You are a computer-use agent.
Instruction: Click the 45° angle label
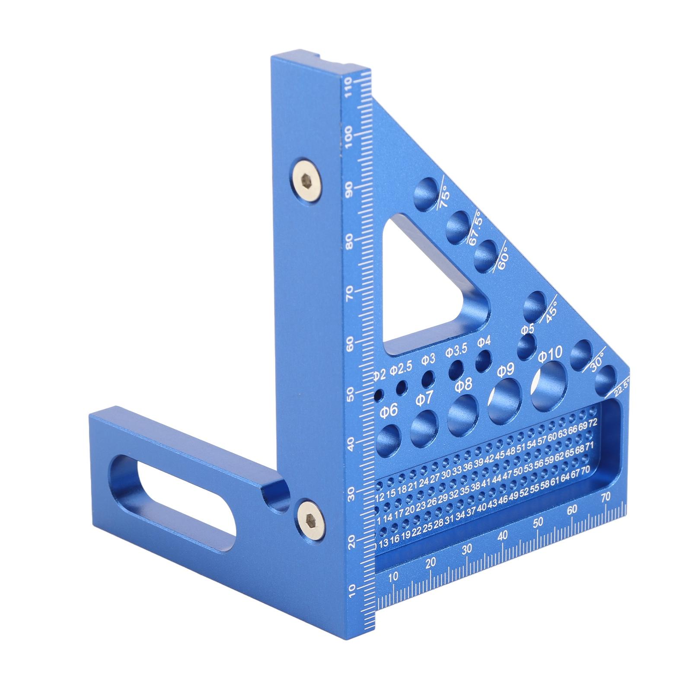[551, 311]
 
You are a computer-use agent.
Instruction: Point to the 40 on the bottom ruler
[502, 536]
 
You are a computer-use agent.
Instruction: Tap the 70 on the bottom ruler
[605, 498]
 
